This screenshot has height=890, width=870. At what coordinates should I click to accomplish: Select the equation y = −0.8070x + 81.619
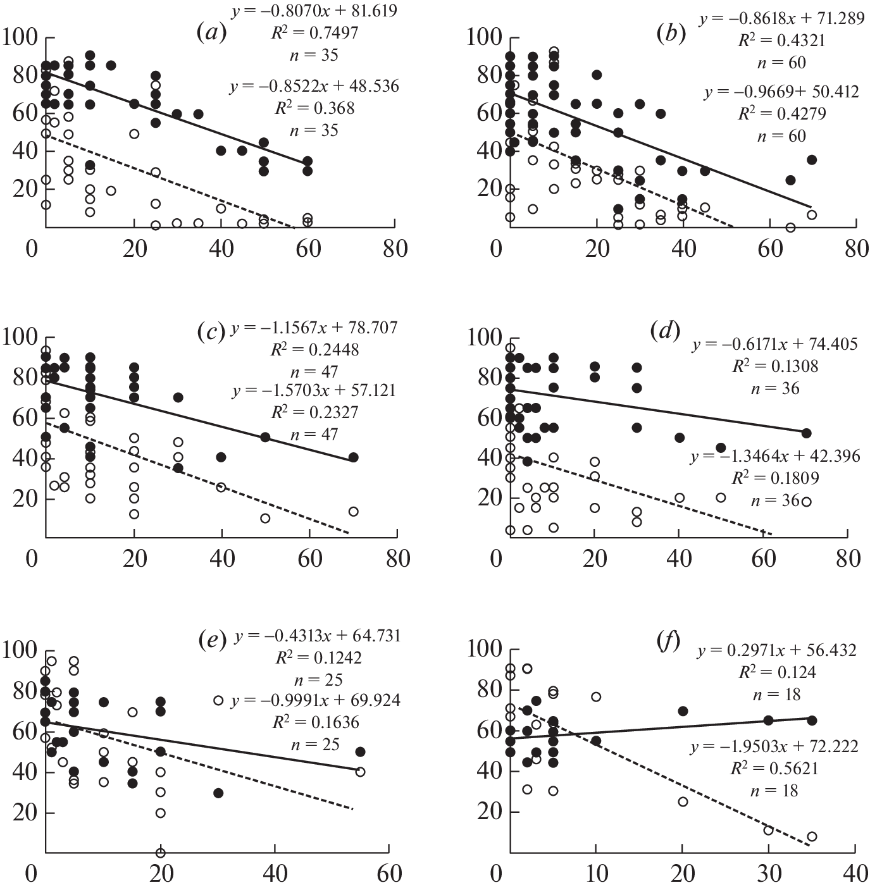click(x=314, y=11)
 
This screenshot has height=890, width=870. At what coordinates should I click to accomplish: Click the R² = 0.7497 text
click(x=314, y=33)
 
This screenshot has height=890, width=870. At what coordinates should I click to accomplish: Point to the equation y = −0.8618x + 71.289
click(x=781, y=18)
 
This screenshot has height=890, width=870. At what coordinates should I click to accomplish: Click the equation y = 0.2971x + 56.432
click(x=777, y=650)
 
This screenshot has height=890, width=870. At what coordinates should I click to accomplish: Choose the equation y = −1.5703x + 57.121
click(x=314, y=390)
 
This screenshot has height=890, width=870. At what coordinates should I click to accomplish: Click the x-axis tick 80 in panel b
click(x=857, y=249)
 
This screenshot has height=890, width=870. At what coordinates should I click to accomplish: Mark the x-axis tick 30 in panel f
click(x=769, y=874)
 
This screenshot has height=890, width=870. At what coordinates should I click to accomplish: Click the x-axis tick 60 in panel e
click(x=389, y=874)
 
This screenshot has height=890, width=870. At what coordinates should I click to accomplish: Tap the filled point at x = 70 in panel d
click(x=806, y=433)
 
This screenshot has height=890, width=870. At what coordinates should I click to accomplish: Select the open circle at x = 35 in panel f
click(x=812, y=837)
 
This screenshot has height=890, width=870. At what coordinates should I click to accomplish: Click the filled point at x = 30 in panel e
click(x=218, y=793)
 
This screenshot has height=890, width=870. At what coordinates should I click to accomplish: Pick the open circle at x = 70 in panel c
click(x=353, y=512)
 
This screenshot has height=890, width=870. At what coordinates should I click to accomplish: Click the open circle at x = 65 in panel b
click(x=790, y=228)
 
